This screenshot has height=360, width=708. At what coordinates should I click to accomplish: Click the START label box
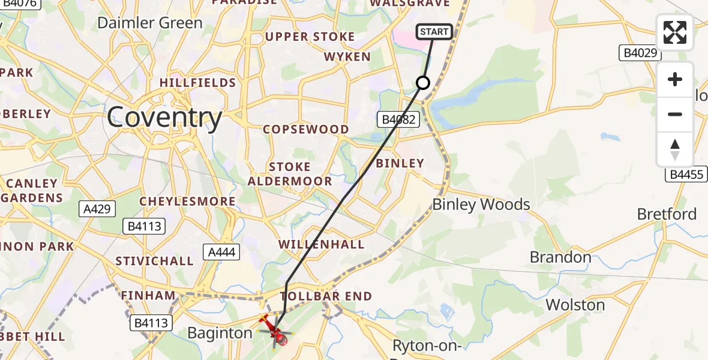pyautogui.click(x=434, y=32)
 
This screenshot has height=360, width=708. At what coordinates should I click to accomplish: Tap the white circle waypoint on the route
pyautogui.click(x=423, y=83)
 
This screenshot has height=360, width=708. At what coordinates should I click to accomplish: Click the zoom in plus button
pyautogui.click(x=675, y=79)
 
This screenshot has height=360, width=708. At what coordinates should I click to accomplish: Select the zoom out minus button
pyautogui.click(x=675, y=114)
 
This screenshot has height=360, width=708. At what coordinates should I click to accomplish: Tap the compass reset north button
pyautogui.click(x=675, y=149)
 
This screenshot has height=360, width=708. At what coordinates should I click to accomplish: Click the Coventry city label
pyautogui.click(x=164, y=118)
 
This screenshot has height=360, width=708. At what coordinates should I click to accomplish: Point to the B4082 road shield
pyautogui.click(x=397, y=119)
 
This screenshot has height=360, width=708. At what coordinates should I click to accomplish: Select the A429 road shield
pyautogui.click(x=97, y=209)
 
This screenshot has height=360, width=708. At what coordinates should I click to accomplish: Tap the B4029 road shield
pyautogui.click(x=640, y=53)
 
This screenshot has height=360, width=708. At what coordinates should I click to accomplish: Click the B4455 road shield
pyautogui.click(x=686, y=175)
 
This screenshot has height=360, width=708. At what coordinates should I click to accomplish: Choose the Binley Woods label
pyautogui.click(x=481, y=205)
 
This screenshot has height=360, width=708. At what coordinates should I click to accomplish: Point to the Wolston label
pyautogui.click(x=575, y=305)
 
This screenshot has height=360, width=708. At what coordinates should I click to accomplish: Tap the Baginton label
pyautogui.click(x=220, y=332)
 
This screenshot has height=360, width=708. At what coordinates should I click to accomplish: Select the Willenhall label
pyautogui.click(x=322, y=244)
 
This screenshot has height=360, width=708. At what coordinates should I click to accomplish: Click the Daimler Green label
pyautogui.click(x=149, y=23)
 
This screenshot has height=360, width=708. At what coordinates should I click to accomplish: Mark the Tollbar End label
pyautogui.click(x=326, y=296)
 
